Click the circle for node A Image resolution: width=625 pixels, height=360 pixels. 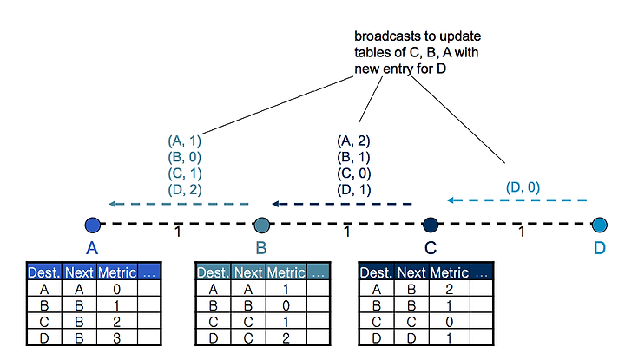93,225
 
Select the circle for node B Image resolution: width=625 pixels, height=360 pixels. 261,225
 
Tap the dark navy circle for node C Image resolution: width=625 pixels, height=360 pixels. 431,225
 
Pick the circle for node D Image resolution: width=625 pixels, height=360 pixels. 600,225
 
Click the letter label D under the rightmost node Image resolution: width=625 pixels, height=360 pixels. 600,248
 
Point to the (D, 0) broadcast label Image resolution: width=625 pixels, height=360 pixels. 523,187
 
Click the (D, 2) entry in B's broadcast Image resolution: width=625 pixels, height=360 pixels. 185,190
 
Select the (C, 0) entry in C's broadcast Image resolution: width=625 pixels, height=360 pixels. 354,173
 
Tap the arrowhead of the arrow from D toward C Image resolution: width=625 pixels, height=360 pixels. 451,200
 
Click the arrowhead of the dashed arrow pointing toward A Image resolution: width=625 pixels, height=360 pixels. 112,204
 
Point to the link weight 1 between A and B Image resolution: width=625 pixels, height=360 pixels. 178,232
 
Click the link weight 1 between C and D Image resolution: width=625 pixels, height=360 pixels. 522,232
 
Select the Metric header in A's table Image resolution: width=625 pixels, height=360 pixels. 117,272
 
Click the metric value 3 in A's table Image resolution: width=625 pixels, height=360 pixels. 116,338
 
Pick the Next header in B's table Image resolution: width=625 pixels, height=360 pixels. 248,272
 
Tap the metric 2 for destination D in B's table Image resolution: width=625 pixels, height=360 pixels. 286,338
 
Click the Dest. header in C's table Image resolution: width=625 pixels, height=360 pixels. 376,272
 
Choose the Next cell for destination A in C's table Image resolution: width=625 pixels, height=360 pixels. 411,289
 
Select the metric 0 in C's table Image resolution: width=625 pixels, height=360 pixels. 450,322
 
